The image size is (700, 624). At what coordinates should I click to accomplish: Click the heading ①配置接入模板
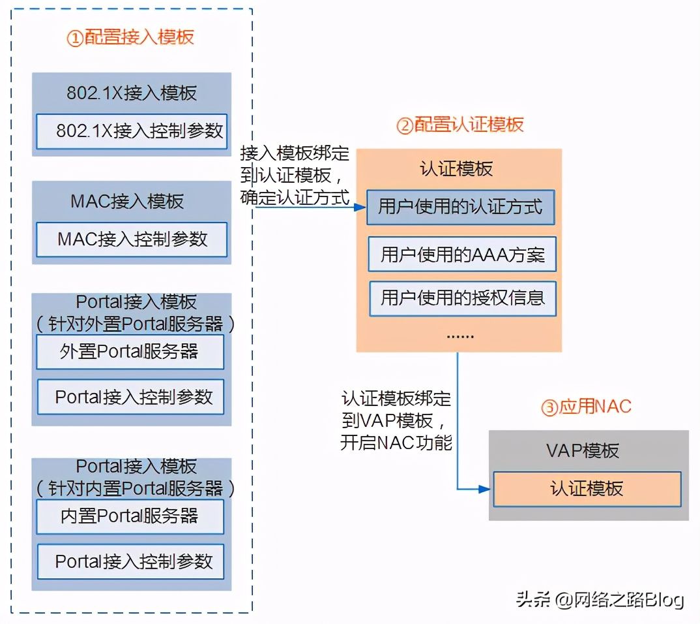pyautogui.click(x=131, y=37)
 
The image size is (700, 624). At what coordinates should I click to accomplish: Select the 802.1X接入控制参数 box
pyautogui.click(x=131, y=131)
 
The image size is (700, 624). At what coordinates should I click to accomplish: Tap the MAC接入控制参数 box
pyautogui.click(x=131, y=239)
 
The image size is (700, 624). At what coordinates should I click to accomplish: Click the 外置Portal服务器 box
pyautogui.click(x=130, y=352)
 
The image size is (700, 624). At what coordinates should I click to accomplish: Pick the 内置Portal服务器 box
pyautogui.click(x=130, y=516)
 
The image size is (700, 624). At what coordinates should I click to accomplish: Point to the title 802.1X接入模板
pyautogui.click(x=131, y=93)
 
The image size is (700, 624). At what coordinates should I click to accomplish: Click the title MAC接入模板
pyautogui.click(x=127, y=201)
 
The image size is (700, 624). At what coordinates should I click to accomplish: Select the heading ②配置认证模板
pyautogui.click(x=460, y=124)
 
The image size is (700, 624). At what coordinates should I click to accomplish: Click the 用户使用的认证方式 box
pyautogui.click(x=460, y=207)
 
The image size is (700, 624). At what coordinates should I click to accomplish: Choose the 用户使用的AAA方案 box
pyautogui.click(x=462, y=254)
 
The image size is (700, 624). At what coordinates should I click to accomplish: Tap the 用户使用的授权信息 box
pyautogui.click(x=462, y=298)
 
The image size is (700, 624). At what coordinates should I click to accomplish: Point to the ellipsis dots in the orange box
pyautogui.click(x=460, y=335)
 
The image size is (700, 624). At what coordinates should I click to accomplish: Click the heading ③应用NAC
pyautogui.click(x=587, y=407)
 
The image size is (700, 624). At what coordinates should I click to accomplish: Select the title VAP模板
pyautogui.click(x=582, y=450)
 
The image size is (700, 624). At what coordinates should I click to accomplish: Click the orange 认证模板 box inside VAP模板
pyautogui.click(x=587, y=488)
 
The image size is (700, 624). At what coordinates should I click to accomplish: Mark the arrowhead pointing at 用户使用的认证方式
pyautogui.click(x=358, y=208)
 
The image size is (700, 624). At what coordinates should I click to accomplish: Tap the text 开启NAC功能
pyautogui.click(x=396, y=443)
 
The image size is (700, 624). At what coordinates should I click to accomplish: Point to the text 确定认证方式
pyautogui.click(x=295, y=196)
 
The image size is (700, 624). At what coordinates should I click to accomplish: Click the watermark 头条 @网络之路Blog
pyautogui.click(x=600, y=599)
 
